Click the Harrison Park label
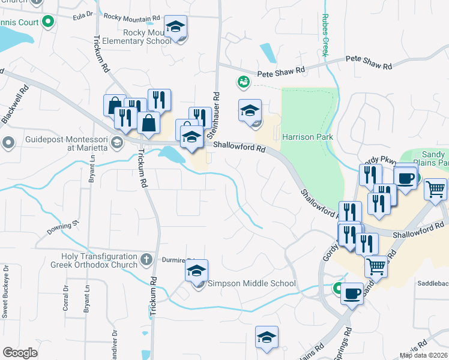(x=307, y=137)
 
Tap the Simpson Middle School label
(x=252, y=283)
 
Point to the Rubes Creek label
(x=325, y=35)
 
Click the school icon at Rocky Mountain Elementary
(x=176, y=27)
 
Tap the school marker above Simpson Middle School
(x=196, y=271)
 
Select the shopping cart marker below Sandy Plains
(x=376, y=265)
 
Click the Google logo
(x=20, y=353)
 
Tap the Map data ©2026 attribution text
(x=423, y=355)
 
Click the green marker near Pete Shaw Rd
(x=243, y=81)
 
